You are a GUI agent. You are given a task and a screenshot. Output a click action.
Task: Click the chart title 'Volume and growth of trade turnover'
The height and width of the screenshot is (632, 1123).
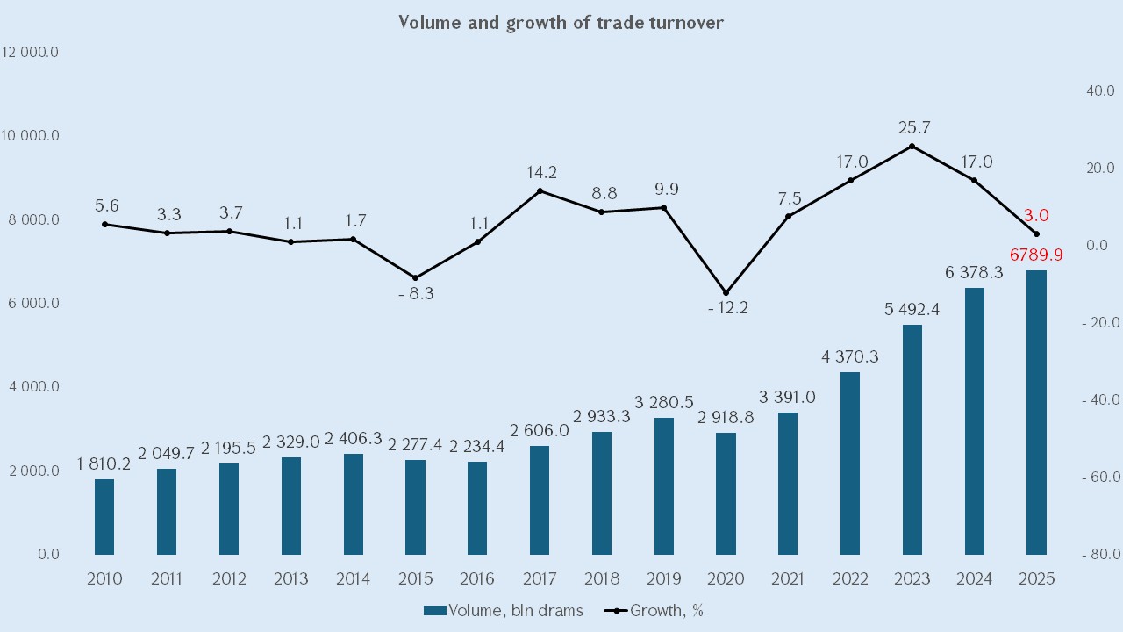point(561,23)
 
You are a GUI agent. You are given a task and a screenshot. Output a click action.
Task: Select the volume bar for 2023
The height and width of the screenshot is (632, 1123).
point(912,439)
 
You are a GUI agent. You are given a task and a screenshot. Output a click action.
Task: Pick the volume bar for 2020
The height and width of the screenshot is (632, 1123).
point(726,492)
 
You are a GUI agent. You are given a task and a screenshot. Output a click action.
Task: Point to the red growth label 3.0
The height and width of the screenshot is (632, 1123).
point(1036,215)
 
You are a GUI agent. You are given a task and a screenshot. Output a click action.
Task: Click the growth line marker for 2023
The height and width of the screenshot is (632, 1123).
point(912,146)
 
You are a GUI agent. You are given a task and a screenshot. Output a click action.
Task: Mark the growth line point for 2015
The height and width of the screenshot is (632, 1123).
point(416,277)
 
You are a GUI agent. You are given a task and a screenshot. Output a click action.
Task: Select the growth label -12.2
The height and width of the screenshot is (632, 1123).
point(726,308)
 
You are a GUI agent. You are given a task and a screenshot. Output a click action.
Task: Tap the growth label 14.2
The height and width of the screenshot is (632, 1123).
point(540,172)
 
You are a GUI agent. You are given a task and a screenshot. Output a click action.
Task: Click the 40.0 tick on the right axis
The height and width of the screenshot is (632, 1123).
point(1099,90)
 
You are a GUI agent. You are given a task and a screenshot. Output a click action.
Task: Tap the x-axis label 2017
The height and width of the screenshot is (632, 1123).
point(540,579)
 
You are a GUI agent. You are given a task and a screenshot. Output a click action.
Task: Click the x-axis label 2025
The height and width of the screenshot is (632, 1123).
point(1036,579)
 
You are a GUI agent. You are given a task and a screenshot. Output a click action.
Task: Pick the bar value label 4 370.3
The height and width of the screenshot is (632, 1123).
point(850,357)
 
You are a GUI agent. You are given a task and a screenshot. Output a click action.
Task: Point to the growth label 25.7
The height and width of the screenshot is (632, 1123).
point(912,128)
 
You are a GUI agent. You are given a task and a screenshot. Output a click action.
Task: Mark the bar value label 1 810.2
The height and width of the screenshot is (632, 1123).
point(104,463)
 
